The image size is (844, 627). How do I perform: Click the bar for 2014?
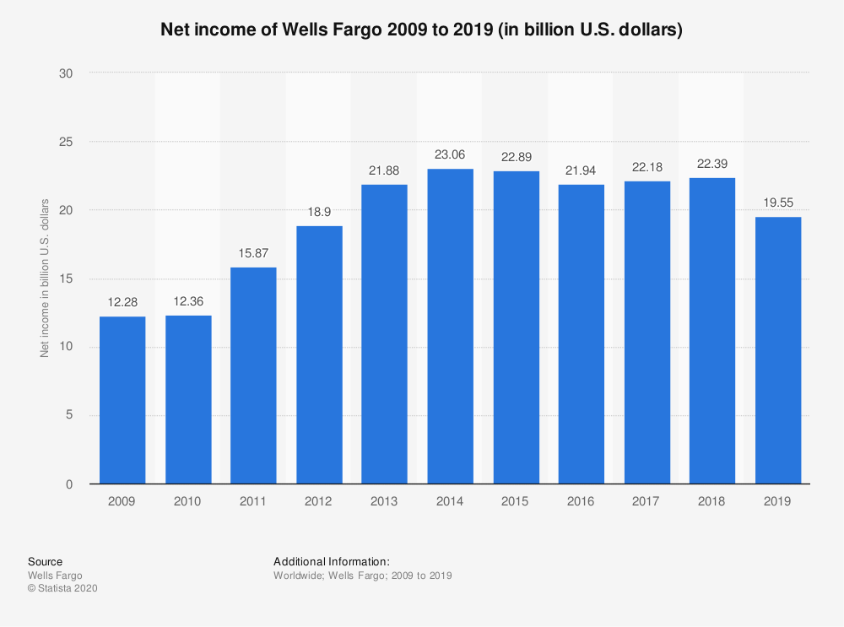click(x=450, y=327)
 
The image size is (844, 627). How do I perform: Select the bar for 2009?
click(x=122, y=400)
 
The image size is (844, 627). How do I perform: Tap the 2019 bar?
click(x=778, y=350)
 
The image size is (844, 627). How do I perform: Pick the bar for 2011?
click(x=253, y=376)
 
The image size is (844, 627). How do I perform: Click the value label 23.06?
click(x=450, y=154)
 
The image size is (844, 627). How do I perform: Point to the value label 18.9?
click(x=319, y=212)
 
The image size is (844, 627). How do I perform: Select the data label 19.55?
click(x=778, y=203)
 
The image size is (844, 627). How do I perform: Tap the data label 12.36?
click(x=188, y=301)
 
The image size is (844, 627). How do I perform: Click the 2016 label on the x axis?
click(x=581, y=501)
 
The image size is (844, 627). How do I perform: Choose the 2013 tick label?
click(x=384, y=501)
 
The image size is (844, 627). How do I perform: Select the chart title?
click(x=422, y=30)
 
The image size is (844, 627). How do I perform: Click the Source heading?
click(x=45, y=561)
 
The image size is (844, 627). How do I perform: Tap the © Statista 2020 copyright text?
click(x=63, y=589)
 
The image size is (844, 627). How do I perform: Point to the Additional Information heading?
click(x=332, y=561)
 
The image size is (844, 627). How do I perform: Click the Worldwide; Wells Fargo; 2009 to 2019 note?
click(x=363, y=576)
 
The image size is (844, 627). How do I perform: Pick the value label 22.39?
click(x=712, y=164)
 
